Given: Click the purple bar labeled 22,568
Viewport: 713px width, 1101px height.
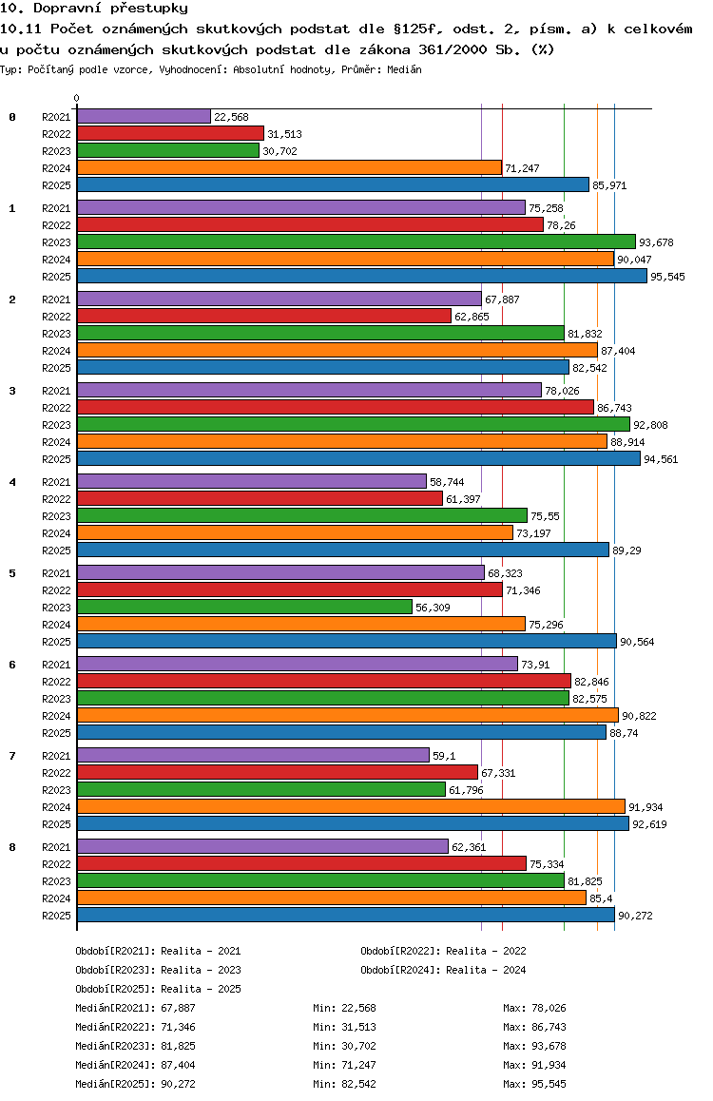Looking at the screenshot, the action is coord(144,117).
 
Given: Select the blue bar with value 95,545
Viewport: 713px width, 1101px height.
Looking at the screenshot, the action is coord(362,277).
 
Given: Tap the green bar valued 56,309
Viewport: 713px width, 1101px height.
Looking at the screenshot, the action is coord(244,608).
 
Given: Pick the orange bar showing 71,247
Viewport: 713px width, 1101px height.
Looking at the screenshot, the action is coord(289,168).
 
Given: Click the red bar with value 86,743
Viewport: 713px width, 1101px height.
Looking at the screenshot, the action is coord(336,407).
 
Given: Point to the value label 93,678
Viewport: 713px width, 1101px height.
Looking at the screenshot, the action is coord(656,242).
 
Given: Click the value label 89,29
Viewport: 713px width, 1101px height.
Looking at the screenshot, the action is coord(626,550).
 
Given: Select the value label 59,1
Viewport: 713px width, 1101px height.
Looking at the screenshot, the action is coord(444,756).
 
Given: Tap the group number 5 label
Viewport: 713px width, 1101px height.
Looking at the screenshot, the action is coord(12,573).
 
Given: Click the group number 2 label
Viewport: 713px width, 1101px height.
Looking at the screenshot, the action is coord(12,299).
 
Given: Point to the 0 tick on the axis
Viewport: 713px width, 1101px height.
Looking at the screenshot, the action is coord(76,98).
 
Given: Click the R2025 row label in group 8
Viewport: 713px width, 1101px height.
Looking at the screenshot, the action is coord(56,916).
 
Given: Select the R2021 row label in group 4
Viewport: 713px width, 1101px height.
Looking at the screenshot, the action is coord(56,482).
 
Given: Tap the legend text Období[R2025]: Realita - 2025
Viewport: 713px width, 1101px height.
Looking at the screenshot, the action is coord(158,989).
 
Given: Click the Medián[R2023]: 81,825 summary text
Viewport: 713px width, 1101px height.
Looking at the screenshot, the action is coord(135,1046).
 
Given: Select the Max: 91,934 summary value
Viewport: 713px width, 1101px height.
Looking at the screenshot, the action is coord(534,1065).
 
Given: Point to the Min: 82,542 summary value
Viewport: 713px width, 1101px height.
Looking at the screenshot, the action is coord(344,1084).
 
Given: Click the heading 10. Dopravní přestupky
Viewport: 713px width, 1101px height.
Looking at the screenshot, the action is coord(94,9).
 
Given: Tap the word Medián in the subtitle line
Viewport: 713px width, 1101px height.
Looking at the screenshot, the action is coord(404,69).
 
